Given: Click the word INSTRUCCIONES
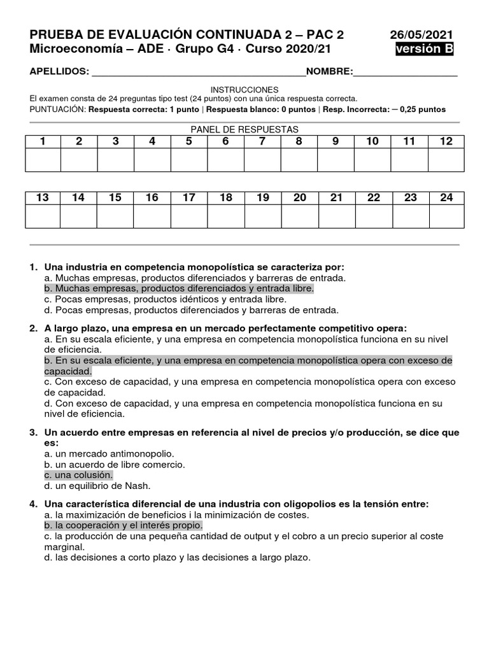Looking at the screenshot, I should click(x=244, y=90).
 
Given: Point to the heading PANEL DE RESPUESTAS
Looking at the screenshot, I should click(x=244, y=129).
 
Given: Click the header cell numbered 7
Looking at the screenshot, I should click(x=262, y=141).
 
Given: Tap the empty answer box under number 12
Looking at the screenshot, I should click(x=446, y=160).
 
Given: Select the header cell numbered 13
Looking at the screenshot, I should click(x=43, y=198).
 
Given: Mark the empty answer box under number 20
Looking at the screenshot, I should click(x=299, y=216).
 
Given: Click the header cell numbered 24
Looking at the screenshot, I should click(x=446, y=198).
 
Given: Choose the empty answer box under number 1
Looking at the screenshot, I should click(x=43, y=160).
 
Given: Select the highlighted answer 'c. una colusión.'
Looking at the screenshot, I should click(x=78, y=475).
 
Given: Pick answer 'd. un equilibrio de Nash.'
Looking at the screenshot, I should click(x=97, y=486).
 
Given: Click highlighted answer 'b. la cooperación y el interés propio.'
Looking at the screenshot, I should click(x=124, y=525).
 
